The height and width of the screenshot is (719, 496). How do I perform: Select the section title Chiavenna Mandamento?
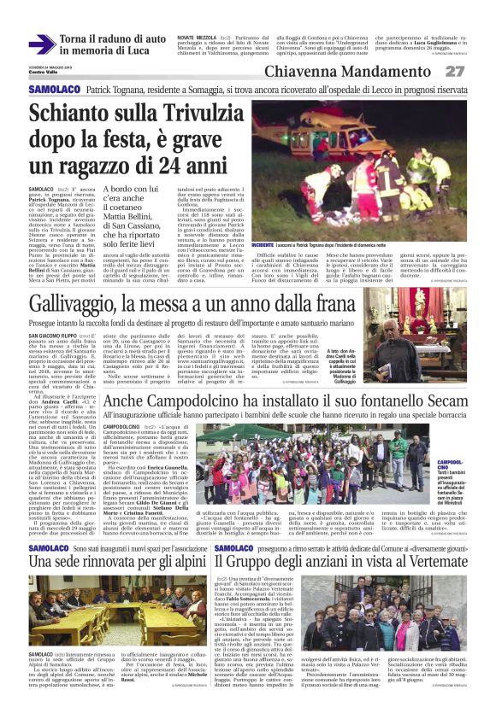click(384, 72)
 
